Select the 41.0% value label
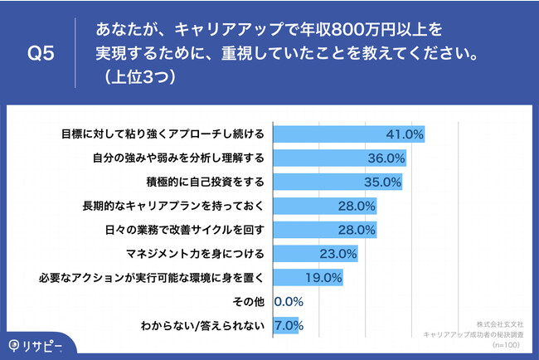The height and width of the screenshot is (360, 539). [405, 134]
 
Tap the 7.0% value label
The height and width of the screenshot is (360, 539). [287, 326]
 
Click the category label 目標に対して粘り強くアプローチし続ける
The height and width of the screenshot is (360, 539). [163, 134]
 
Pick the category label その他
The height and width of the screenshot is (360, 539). [250, 302]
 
